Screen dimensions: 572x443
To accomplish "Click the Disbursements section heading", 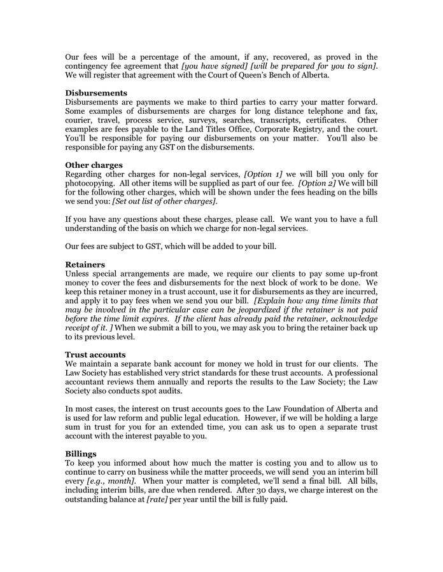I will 96,93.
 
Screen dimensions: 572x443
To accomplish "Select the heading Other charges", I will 94,165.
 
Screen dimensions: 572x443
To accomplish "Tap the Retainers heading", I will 85,264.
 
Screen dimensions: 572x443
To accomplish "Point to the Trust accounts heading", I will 95,354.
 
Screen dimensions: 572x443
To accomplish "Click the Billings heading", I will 81,454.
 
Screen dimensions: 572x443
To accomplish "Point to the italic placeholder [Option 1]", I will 263,174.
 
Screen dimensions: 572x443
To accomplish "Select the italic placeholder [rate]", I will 157,499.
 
